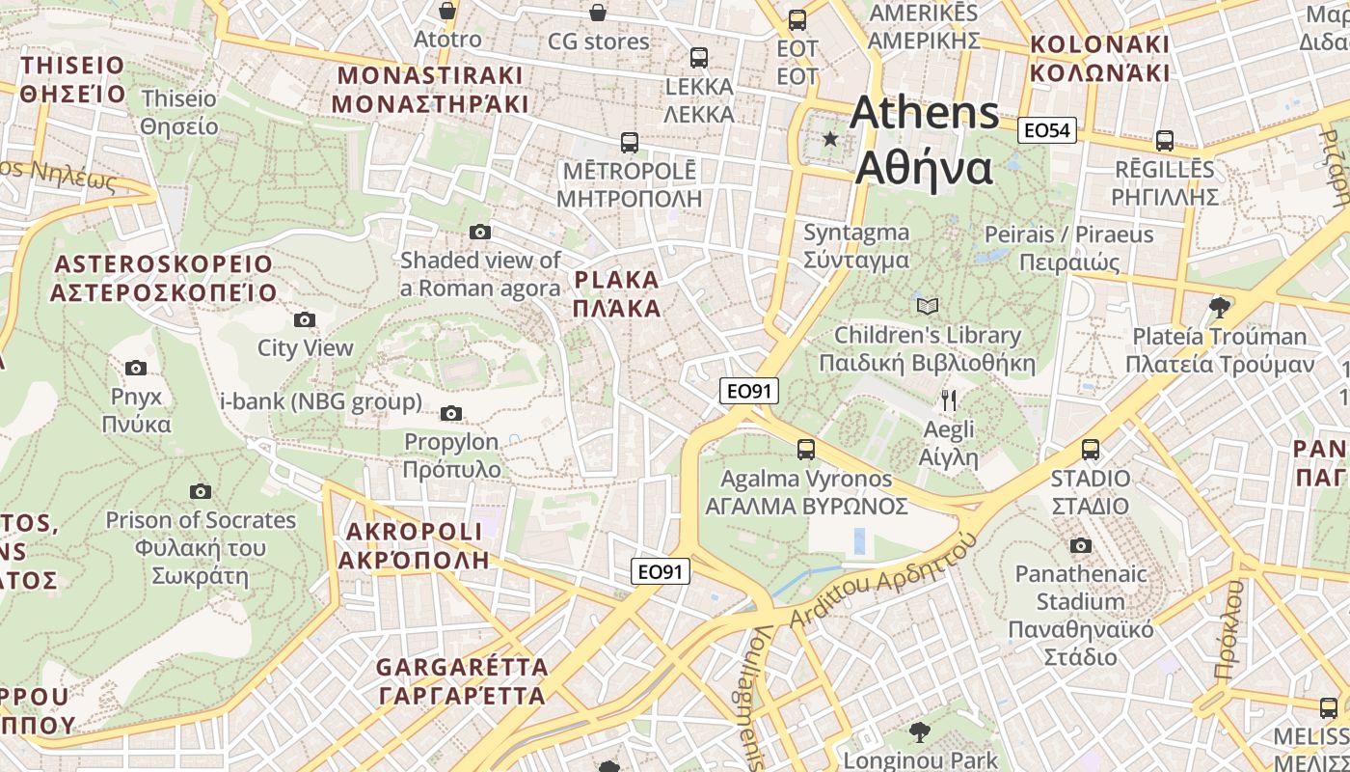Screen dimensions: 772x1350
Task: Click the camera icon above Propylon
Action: coord(450,414)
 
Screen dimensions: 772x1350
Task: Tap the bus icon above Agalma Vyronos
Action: coord(805,449)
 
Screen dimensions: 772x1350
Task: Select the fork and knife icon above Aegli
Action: coord(949,400)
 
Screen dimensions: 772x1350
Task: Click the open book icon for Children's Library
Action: coord(928,306)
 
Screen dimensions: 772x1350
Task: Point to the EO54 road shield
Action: coord(1046,130)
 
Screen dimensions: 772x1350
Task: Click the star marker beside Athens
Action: coord(830,139)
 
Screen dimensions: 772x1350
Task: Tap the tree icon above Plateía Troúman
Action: coord(1220,307)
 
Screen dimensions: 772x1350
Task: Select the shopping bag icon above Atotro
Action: coord(447,11)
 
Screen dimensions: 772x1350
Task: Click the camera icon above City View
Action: coord(305,319)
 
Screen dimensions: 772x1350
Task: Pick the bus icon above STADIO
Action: coord(1091,449)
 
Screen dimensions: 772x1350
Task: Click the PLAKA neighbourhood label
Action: coord(617,294)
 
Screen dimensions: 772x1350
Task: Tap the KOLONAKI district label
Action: coord(1099,58)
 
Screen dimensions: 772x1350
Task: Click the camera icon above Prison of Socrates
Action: coord(201,491)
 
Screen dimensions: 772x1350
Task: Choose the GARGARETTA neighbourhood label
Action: coord(462,680)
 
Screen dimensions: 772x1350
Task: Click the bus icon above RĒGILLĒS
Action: coord(1165,140)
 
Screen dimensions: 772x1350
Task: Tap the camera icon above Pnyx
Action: coord(136,368)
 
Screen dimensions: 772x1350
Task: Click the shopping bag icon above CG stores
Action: coord(598,13)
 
